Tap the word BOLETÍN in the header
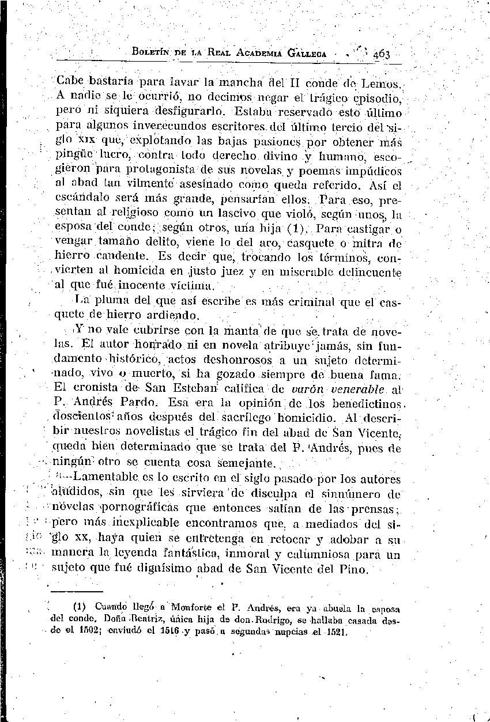[153, 54]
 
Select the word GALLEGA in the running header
[302, 54]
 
